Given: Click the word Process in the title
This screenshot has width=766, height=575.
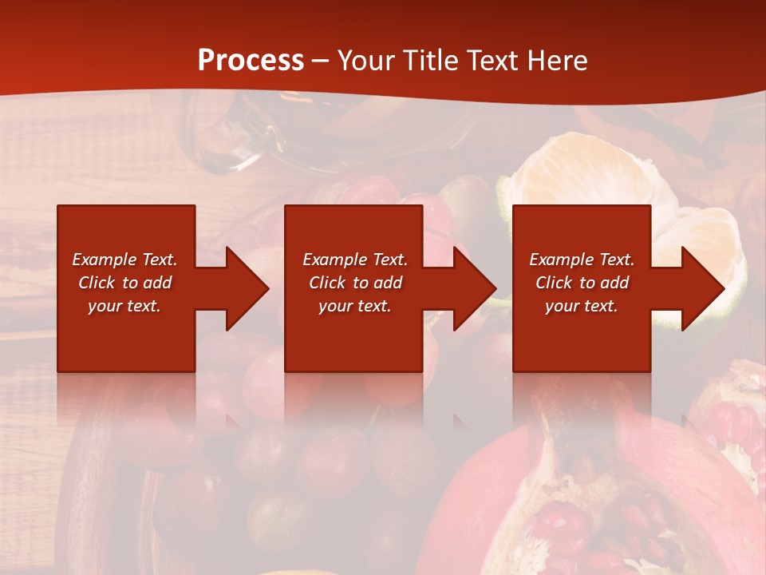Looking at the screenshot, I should click(251, 61).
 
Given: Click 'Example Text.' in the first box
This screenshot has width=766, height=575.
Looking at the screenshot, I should click(124, 260).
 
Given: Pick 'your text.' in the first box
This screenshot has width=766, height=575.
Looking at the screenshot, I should click(124, 306).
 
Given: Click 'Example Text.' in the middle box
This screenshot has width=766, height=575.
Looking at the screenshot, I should click(355, 260).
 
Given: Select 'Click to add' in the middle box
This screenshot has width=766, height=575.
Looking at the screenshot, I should click(355, 283).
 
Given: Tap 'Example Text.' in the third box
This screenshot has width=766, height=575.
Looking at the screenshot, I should click(582, 260).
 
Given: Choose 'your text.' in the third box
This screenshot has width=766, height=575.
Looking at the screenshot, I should click(582, 306).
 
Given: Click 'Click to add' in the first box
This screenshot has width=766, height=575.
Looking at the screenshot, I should click(124, 283).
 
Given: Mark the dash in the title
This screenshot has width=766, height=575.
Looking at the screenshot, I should click(321, 61).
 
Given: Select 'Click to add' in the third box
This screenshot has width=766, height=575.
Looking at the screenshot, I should click(582, 283).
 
